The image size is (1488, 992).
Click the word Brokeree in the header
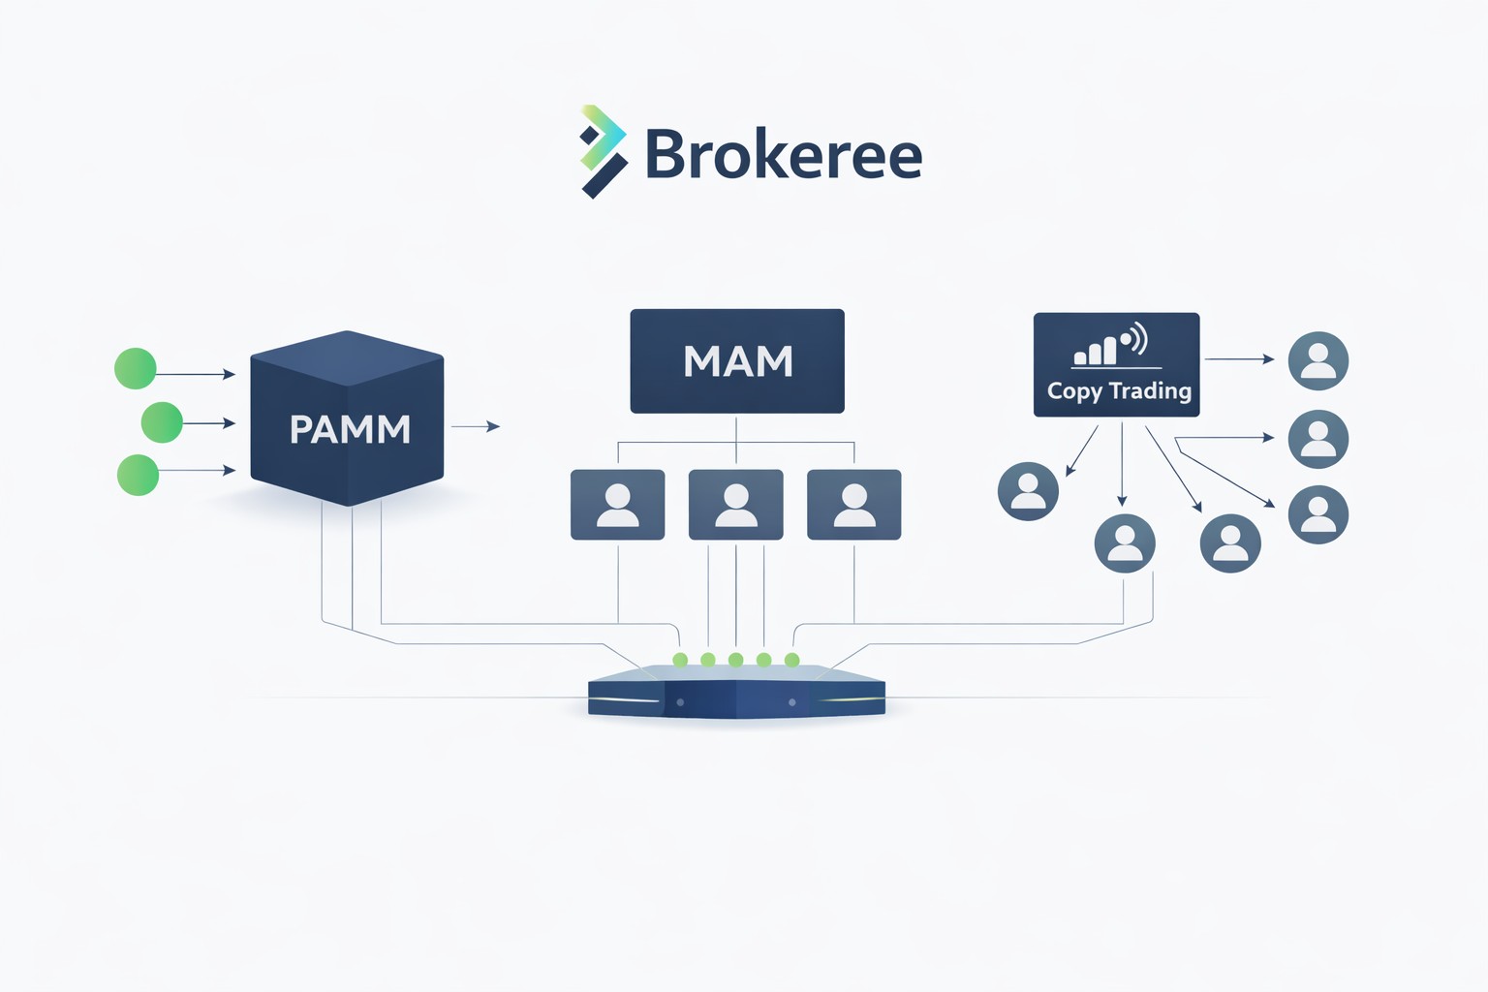783,154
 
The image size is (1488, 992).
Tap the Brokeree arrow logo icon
603,152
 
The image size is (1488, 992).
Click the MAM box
737,361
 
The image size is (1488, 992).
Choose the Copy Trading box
1117,365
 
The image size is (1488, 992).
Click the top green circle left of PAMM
136,369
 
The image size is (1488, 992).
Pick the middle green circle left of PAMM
162,422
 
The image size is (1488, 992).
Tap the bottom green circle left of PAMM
138,475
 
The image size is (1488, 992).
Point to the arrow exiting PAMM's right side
476,426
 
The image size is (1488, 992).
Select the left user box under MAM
618,505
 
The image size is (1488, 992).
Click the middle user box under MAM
736,505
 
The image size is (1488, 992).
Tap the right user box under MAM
854,505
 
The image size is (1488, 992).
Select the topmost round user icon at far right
1318,360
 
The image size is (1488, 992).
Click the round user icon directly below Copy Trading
1125,543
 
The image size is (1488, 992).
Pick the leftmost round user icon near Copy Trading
1028,491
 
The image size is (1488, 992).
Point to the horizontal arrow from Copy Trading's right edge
1239,359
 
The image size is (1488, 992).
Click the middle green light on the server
736,660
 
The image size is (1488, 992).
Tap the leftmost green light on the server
680,660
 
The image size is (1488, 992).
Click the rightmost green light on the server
792,660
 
